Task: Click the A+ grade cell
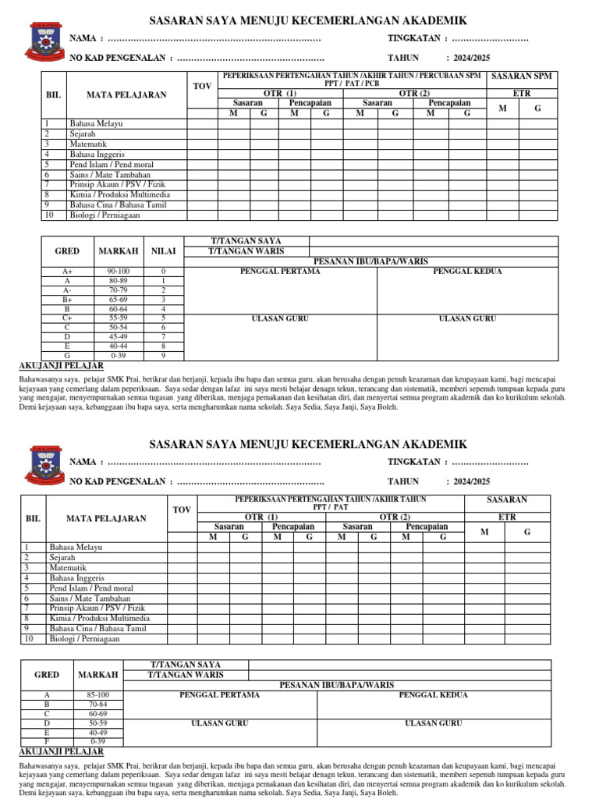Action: tap(67, 272)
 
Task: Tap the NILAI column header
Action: tap(163, 250)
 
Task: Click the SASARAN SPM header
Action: tap(521, 76)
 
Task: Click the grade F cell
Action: tap(48, 741)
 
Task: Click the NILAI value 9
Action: tap(163, 356)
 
